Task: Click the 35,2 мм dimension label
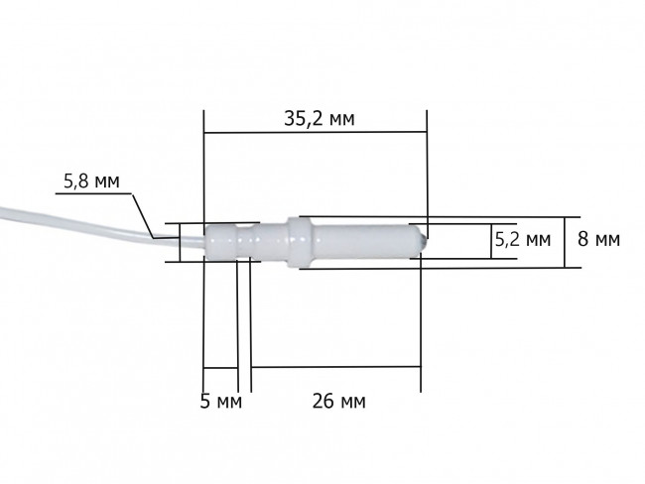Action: pos(320,119)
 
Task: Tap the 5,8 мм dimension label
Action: pos(91,181)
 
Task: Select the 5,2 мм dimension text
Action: pos(522,239)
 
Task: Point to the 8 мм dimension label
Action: pos(598,239)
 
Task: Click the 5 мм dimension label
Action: pos(221,401)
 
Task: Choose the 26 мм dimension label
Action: pos(338,401)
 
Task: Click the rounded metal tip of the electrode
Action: pos(423,242)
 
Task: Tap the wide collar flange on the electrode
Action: pos(300,242)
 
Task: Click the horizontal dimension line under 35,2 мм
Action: pos(316,133)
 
